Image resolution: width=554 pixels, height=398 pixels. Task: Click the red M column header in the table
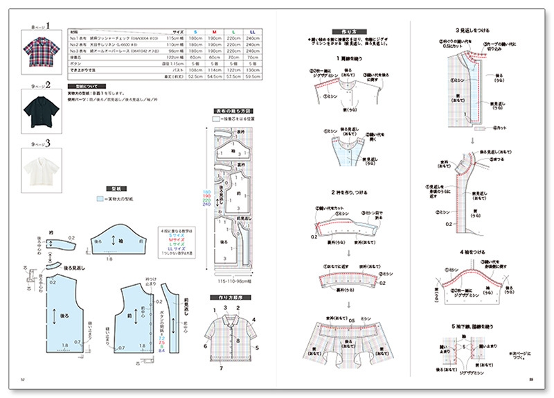tap(215, 32)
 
